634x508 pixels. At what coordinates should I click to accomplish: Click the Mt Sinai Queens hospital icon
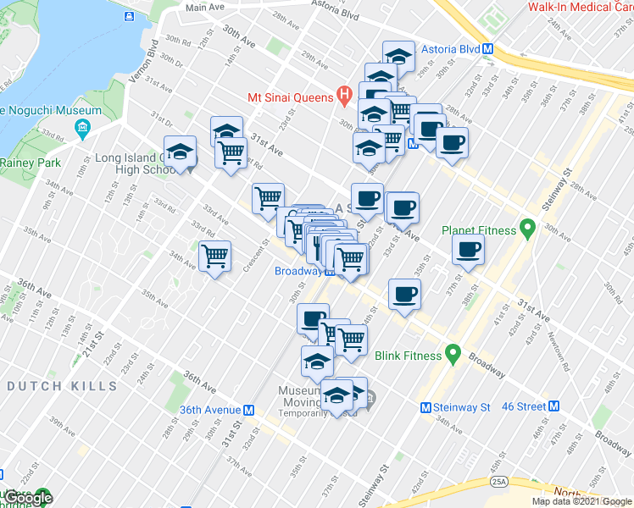(343, 96)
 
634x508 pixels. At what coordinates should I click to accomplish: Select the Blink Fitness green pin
(453, 353)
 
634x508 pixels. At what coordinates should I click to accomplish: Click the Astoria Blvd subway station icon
(488, 48)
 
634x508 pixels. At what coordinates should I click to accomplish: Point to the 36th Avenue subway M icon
(249, 409)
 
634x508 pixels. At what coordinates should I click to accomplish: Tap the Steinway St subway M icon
(427, 407)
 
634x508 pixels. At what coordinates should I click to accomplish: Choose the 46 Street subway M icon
(554, 406)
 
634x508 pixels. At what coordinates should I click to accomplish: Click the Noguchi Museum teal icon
(82, 128)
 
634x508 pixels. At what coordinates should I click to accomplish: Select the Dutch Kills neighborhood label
(62, 386)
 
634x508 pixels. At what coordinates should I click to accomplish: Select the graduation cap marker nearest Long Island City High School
(180, 152)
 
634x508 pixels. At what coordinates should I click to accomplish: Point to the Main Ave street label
(205, 7)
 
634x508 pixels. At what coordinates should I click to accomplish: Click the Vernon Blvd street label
(153, 59)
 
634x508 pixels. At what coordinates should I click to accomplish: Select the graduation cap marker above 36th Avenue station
(317, 362)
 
